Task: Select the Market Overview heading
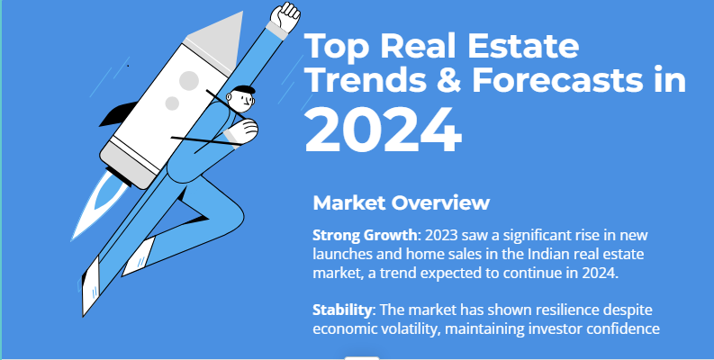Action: (401, 202)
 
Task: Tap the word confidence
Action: (627, 328)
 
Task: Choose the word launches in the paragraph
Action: (341, 255)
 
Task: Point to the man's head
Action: (243, 97)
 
